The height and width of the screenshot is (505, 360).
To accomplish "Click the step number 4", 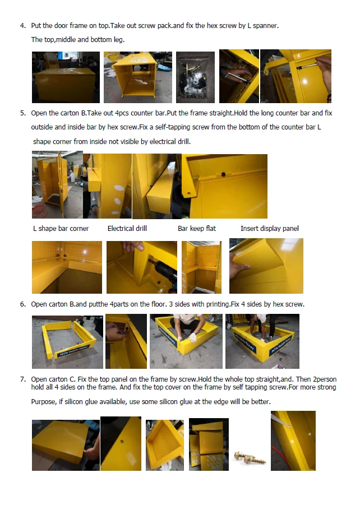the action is (22, 26).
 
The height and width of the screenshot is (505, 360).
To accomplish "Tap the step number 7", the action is (22, 379).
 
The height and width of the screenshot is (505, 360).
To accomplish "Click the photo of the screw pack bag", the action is (195, 77).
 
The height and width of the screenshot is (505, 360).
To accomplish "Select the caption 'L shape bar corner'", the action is (61, 229).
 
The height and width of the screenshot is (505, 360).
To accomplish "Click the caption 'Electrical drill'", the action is (127, 229).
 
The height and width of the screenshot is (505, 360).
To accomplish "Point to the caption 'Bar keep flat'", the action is (197, 229).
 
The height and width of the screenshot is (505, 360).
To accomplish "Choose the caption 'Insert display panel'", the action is (269, 229).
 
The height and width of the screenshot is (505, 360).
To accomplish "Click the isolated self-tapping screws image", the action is (250, 457).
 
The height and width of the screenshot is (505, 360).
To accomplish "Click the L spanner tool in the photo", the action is (236, 77).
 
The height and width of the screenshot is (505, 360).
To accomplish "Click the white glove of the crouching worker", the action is (193, 337).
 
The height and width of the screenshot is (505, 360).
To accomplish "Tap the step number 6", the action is (22, 304).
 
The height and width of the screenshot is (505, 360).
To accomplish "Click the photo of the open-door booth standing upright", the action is (57, 184).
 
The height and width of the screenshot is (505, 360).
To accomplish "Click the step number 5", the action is (22, 113).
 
